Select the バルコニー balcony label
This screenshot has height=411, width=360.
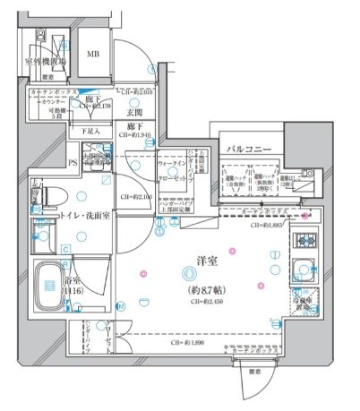(x=244, y=149)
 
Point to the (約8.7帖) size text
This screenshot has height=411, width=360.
(x=208, y=290)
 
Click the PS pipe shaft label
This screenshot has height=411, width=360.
(x=73, y=161)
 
